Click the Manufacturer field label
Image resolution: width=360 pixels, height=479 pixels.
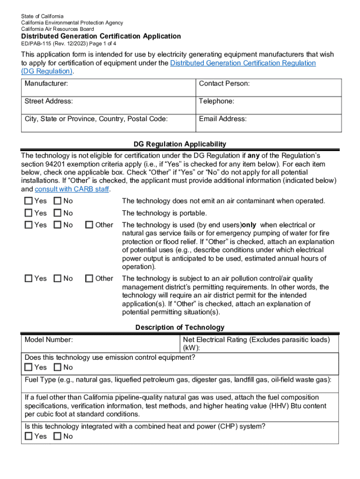tap(46, 83)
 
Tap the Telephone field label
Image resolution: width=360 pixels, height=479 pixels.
tap(216, 101)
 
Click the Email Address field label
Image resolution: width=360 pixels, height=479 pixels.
tap(223, 119)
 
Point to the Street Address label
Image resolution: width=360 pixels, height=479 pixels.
tap(49, 101)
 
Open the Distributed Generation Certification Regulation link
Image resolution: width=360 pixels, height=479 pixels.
tap(243, 63)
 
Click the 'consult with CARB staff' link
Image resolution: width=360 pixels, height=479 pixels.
tap(72, 189)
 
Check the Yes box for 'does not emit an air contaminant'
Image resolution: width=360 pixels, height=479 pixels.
tap(29, 201)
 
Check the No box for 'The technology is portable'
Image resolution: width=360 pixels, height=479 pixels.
tap(58, 213)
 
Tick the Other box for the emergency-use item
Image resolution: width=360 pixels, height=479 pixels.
tap(89, 225)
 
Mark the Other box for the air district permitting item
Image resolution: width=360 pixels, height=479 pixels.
tap(89, 279)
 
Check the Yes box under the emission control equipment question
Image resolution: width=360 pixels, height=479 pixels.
tap(29, 368)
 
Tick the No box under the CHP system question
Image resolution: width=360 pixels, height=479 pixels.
tap(58, 436)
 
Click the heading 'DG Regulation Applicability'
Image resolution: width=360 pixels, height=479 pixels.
tap(180, 144)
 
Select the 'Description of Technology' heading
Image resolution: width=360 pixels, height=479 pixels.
tap(180, 327)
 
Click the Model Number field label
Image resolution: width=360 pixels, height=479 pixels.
tap(49, 340)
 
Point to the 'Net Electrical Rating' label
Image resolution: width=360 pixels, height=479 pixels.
tap(256, 340)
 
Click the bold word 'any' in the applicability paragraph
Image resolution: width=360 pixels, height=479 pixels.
tap(253, 155)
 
